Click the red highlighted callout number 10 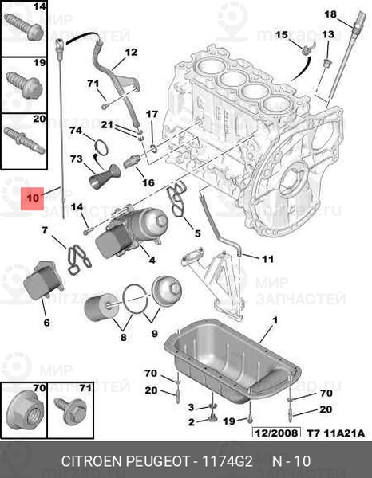33,198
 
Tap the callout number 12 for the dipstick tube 131,52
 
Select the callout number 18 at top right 330,14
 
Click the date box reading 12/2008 276,433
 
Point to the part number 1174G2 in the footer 228,461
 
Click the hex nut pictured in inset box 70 25,413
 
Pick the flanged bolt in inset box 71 70,412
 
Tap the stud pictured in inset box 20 25,140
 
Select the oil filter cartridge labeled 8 101,307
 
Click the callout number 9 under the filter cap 155,333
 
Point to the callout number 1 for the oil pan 275,320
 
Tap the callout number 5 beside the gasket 198,233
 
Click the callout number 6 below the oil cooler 46,322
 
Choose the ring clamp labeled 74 101,146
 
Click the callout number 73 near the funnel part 76,159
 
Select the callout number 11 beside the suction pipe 267,259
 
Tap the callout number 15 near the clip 281,34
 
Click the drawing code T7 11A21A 335,433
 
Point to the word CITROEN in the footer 91,461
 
